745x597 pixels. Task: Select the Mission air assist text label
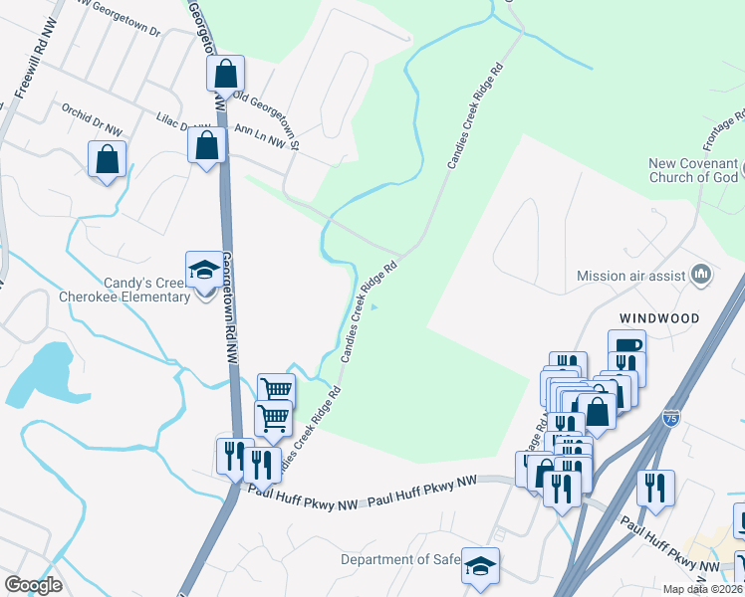pyautogui.click(x=631, y=275)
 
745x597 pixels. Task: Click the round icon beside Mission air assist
pyautogui.click(x=701, y=274)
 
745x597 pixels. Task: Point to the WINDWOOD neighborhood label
pyautogui.click(x=658, y=318)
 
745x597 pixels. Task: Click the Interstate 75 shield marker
pyautogui.click(x=672, y=419)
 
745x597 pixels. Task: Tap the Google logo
pyautogui.click(x=33, y=585)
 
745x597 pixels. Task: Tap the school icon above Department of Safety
pyautogui.click(x=480, y=566)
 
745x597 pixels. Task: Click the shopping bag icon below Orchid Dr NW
pyautogui.click(x=107, y=158)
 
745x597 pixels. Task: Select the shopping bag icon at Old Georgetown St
pyautogui.click(x=226, y=73)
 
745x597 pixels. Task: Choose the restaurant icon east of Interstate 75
pyautogui.click(x=655, y=488)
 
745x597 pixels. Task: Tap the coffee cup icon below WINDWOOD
pyautogui.click(x=626, y=347)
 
